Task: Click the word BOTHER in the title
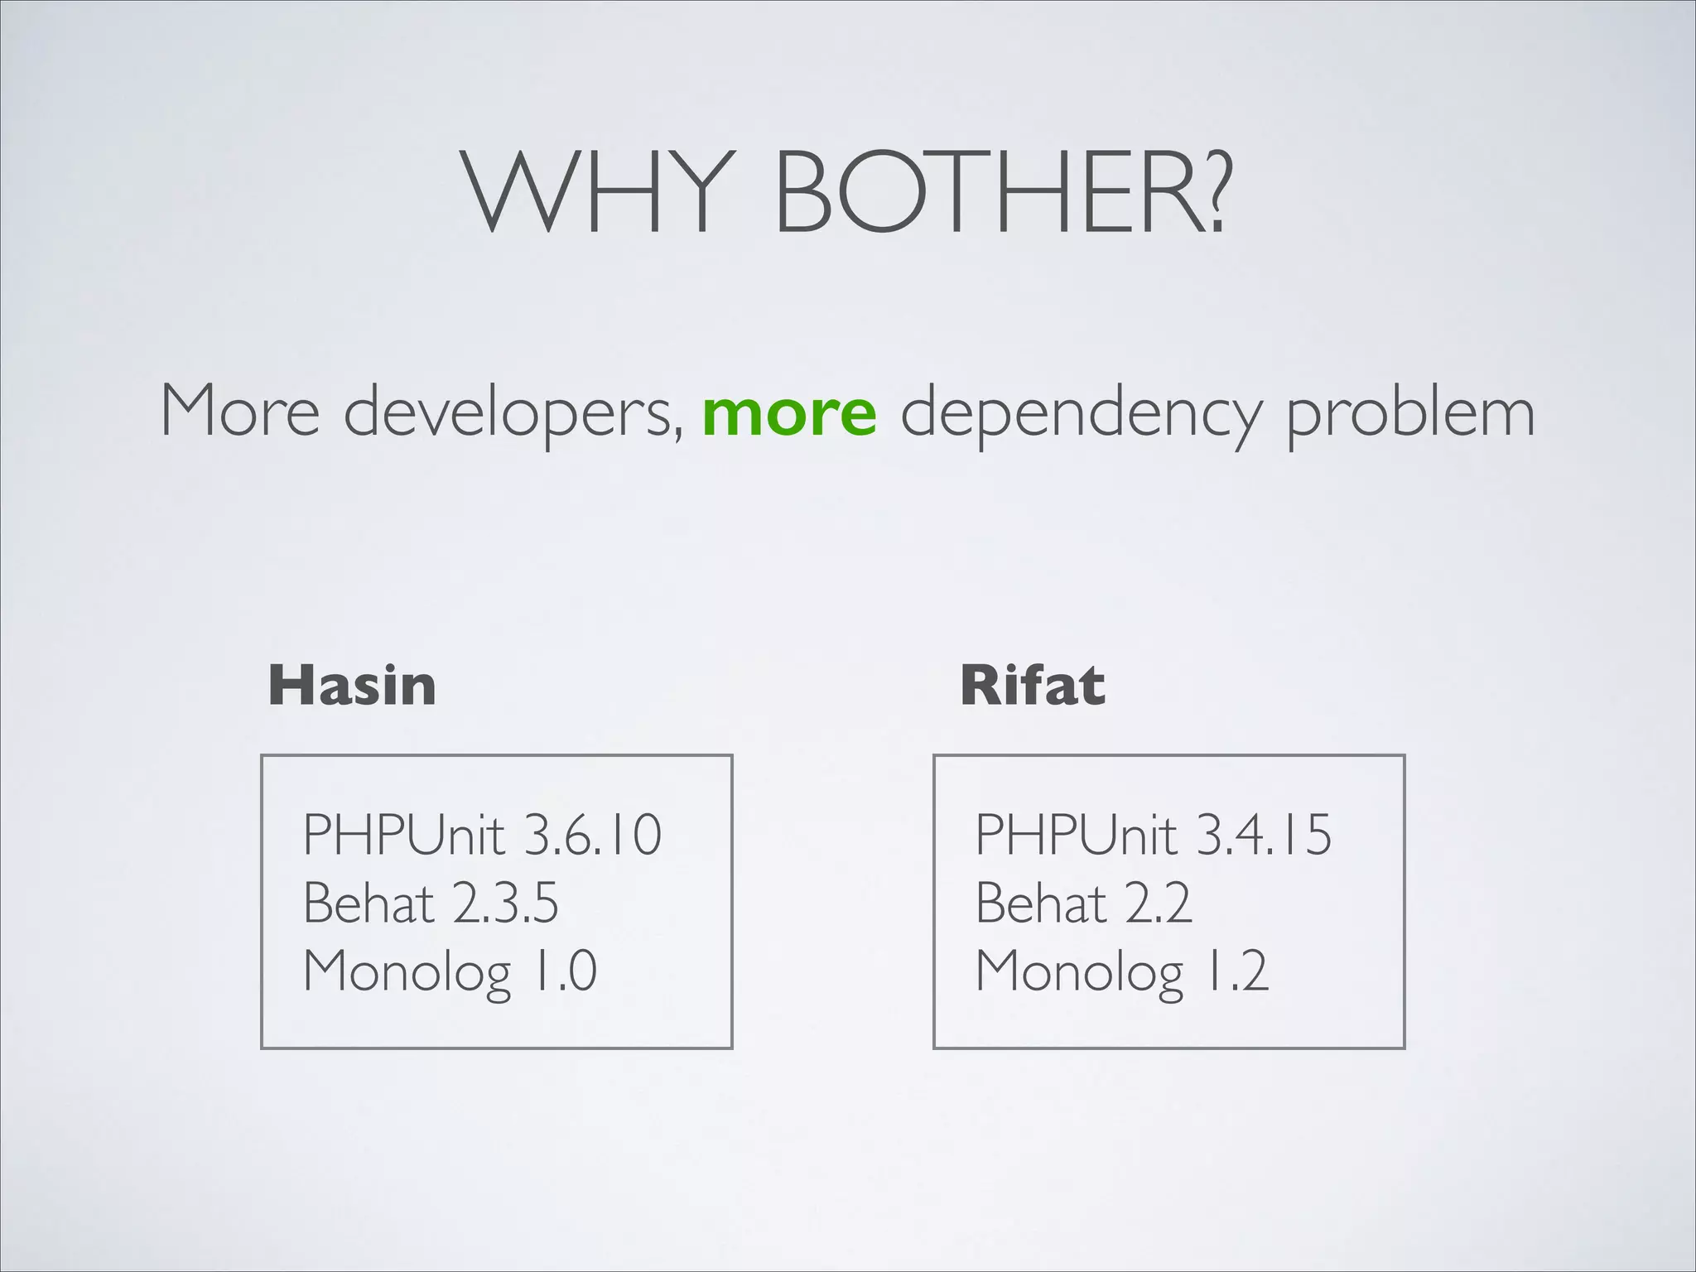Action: click(x=982, y=192)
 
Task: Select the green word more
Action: click(x=789, y=412)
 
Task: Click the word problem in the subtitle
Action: click(x=1410, y=412)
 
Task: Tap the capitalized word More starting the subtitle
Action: click(x=240, y=411)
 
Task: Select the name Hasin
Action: click(x=352, y=686)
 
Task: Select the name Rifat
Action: click(x=1032, y=686)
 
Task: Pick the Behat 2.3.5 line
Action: click(x=431, y=903)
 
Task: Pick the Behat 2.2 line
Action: click(x=1083, y=903)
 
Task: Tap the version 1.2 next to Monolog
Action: click(x=1236, y=971)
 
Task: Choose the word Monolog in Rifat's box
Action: click(x=1080, y=972)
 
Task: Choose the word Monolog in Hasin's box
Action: click(x=407, y=972)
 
